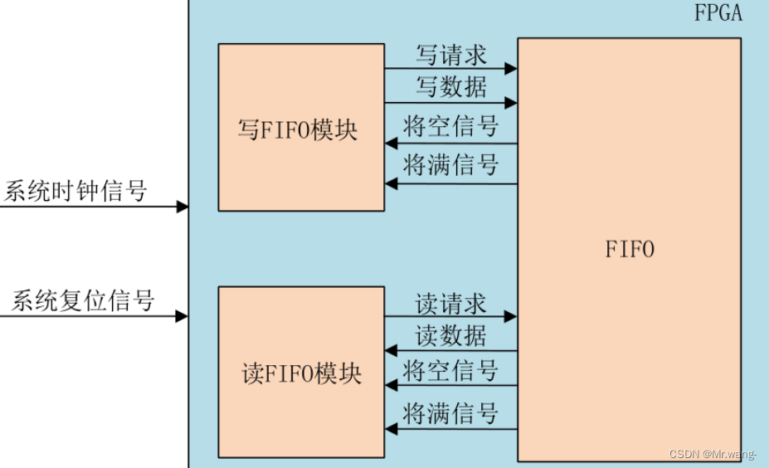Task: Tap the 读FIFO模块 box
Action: (301, 371)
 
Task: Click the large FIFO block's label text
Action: (630, 248)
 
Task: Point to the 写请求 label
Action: (450, 56)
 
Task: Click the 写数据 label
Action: (450, 87)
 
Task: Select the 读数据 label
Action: (450, 336)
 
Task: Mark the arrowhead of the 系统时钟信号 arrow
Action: (183, 207)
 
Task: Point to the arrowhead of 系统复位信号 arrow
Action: (183, 315)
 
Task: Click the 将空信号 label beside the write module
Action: (450, 127)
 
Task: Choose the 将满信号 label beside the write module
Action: (450, 165)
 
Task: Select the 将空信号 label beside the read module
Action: (450, 370)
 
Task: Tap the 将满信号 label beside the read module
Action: (450, 412)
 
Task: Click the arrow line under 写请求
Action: (450, 71)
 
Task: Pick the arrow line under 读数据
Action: (450, 351)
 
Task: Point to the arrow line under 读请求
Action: (450, 316)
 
